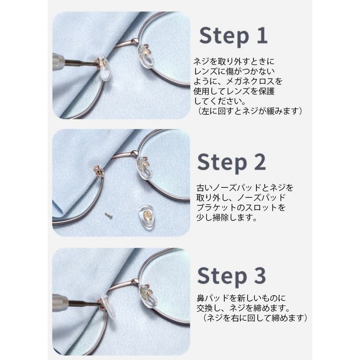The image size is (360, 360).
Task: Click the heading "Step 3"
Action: pyautogui.click(x=232, y=276)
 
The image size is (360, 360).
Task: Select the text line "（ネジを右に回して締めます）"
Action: pyautogui.click(x=252, y=318)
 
